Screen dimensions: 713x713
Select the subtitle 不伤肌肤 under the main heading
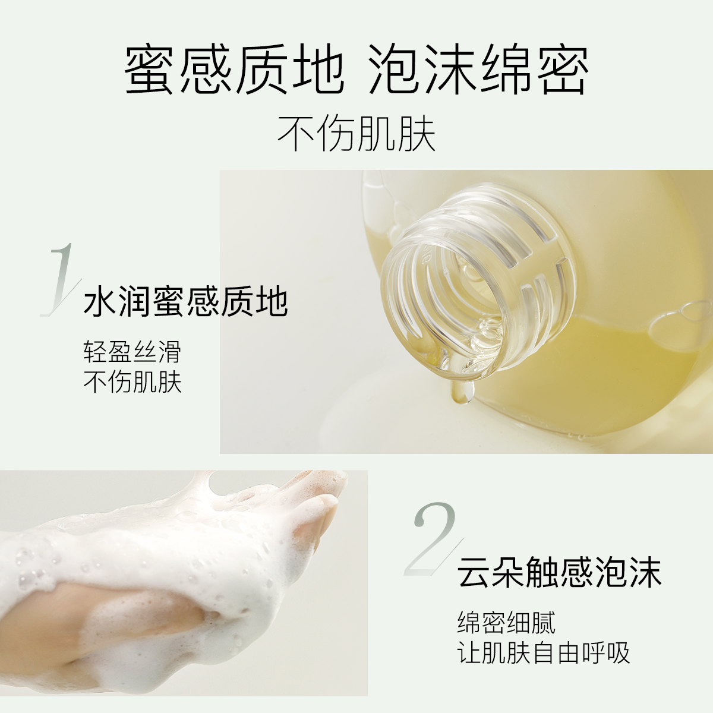click(356, 134)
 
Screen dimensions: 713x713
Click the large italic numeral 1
click(59, 279)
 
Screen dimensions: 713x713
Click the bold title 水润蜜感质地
click(186, 302)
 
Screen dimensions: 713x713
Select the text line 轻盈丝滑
click(131, 352)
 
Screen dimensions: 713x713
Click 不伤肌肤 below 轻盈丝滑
click(132, 382)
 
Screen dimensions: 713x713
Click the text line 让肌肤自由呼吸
click(543, 653)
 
